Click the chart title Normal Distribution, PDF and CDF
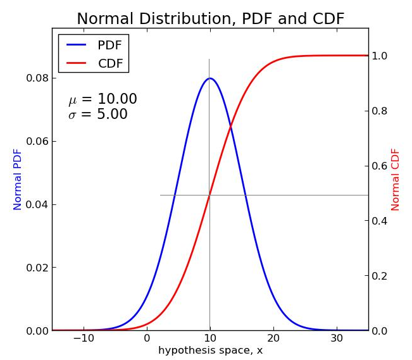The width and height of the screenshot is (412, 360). [210, 19]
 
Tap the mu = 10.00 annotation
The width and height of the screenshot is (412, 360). [103, 99]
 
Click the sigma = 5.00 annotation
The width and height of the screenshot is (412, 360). [98, 115]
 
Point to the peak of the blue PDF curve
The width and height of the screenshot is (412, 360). [209, 78]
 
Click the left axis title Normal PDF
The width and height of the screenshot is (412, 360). [18, 179]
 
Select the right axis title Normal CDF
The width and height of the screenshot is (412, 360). [396, 179]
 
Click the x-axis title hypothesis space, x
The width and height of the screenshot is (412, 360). [210, 351]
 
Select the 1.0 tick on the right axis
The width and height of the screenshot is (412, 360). [380, 56]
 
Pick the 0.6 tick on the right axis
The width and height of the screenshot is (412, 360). [380, 166]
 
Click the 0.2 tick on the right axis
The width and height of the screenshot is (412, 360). [380, 276]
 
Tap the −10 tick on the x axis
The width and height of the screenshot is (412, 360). [83, 338]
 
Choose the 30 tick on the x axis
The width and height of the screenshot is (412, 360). [337, 338]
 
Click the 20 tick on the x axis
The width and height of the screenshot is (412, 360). [273, 338]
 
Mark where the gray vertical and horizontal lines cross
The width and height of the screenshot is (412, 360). [209, 195]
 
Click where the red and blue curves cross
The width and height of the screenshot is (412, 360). [230, 127]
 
